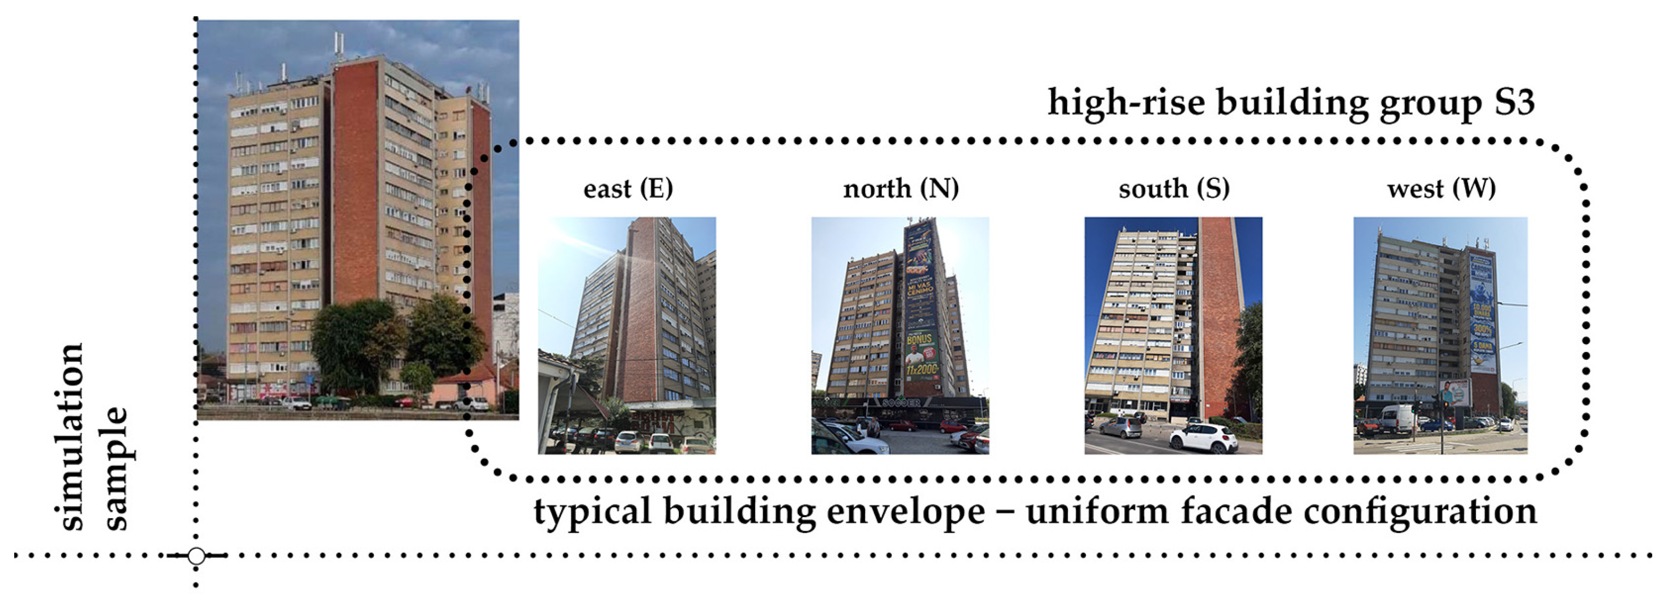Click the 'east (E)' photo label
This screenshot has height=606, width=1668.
628,188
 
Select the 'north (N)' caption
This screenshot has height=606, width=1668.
901,188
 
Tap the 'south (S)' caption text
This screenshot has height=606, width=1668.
1173,188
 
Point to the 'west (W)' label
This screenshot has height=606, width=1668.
1441,188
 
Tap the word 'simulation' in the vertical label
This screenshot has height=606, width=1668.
70,437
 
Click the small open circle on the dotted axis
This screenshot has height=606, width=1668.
196,556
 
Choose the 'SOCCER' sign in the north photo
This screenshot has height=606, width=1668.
901,403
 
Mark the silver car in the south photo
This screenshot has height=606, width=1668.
1121,427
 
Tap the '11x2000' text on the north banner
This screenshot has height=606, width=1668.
921,370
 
